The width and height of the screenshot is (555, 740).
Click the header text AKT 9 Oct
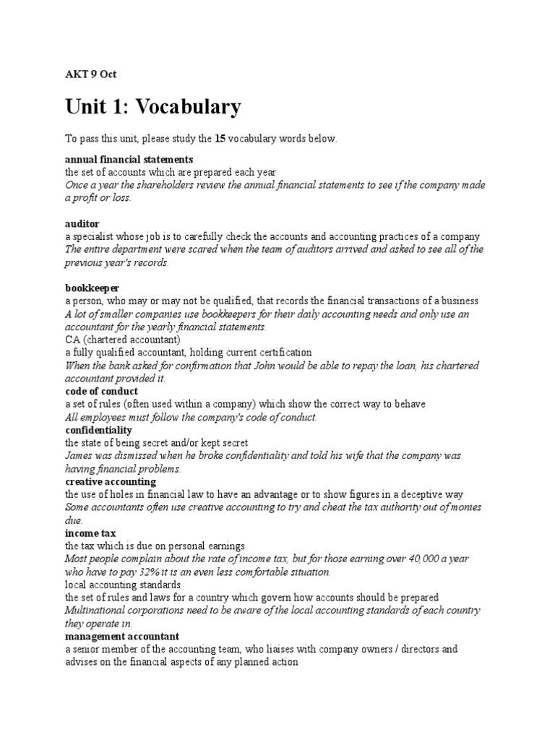click(x=90, y=74)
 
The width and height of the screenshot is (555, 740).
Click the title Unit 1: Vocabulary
click(x=152, y=107)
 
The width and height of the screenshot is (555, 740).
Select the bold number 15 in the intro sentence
click(x=221, y=138)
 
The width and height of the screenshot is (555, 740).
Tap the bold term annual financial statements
click(x=129, y=159)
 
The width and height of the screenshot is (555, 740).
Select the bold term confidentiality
click(x=98, y=430)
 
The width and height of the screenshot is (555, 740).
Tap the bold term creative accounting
click(x=111, y=481)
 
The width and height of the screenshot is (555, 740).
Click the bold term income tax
click(x=90, y=533)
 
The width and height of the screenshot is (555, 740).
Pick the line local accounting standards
click(x=123, y=585)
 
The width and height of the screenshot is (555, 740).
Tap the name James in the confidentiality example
click(x=79, y=456)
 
